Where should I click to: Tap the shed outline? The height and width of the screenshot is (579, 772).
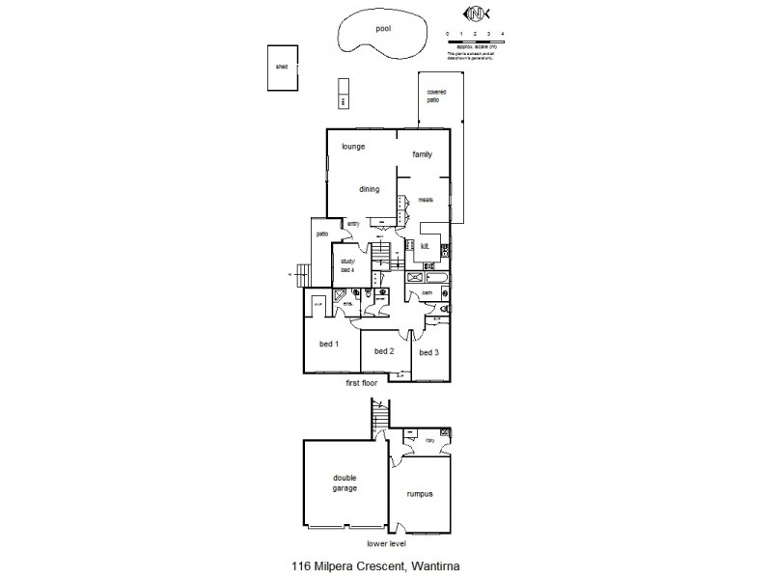coord(283,68)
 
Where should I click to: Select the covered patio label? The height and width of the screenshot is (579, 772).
coord(436,96)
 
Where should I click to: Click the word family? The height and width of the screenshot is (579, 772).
coord(422,154)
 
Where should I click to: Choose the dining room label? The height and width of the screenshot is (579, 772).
coord(370,189)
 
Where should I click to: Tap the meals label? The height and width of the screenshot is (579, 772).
coord(426,200)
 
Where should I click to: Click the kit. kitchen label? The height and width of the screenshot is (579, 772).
coord(425,246)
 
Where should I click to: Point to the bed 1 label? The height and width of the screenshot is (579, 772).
coord(328,345)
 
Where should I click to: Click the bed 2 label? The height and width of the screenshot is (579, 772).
coord(384,351)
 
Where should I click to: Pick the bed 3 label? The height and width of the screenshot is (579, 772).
coord(429,351)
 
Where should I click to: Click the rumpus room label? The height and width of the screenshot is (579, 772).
coord(419,493)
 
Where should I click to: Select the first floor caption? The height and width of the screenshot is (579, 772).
coord(365,383)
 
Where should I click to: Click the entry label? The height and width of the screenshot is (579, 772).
coord(353,224)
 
